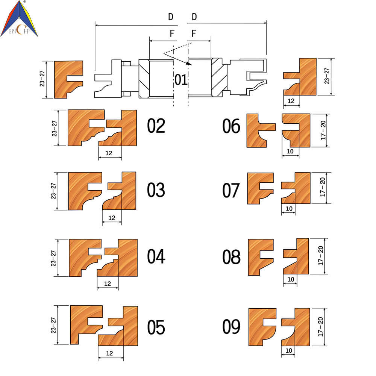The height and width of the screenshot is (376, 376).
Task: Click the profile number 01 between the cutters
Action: point(181,80)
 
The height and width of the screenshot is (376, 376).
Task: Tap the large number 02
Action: point(156,126)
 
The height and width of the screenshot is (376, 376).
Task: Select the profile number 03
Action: point(156,190)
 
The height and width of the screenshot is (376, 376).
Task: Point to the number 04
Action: point(156,256)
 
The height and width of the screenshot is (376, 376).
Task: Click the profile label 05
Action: point(156,327)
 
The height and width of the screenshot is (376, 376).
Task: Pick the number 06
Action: point(231,126)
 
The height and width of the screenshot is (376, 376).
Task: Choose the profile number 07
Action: point(231,190)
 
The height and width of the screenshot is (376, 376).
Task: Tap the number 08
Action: point(231,256)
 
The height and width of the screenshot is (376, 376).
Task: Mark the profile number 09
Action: point(231,326)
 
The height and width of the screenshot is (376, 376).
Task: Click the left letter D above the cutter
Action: point(170,17)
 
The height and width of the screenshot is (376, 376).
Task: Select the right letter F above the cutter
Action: point(194,33)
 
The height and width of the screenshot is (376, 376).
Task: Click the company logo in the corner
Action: point(19,18)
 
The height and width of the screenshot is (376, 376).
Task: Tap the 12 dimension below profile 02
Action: point(109,153)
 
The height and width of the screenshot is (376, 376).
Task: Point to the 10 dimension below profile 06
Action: point(290,151)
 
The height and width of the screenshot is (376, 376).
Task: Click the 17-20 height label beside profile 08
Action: point(321,256)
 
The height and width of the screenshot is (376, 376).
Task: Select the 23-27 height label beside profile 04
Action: point(53,258)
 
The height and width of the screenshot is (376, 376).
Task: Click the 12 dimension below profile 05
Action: point(109,353)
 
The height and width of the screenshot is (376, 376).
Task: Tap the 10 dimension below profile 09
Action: point(289,350)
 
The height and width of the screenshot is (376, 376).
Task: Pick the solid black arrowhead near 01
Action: point(189,63)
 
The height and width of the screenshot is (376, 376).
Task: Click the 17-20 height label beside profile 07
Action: point(323,187)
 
